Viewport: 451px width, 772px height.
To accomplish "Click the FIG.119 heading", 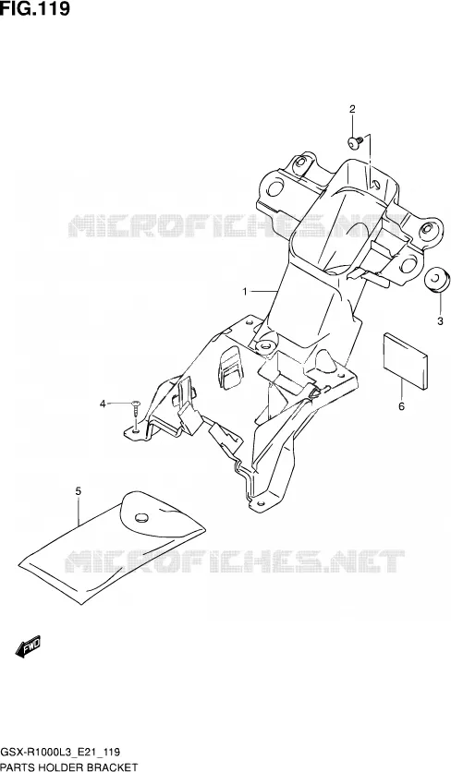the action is [x=35, y=8].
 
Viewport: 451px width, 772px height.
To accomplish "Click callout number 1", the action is [x=245, y=292].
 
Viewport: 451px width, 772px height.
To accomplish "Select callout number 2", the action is [x=352, y=109].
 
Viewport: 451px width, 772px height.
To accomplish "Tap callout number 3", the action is [x=440, y=321].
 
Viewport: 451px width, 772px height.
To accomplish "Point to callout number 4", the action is [x=103, y=404].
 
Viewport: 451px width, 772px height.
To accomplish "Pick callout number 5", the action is [x=79, y=491].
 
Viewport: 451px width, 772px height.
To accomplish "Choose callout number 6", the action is [x=401, y=406].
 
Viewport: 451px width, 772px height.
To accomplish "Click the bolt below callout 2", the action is [x=356, y=142].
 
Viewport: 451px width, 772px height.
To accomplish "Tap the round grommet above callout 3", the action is [x=437, y=280].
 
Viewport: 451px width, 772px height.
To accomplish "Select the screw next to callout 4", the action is [x=136, y=410].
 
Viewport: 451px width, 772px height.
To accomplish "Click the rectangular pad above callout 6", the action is [x=405, y=360].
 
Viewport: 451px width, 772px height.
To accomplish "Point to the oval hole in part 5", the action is [x=141, y=517].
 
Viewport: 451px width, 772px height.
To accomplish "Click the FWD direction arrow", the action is [x=28, y=646].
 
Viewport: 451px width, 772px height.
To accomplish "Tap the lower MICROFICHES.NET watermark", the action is [x=234, y=561].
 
